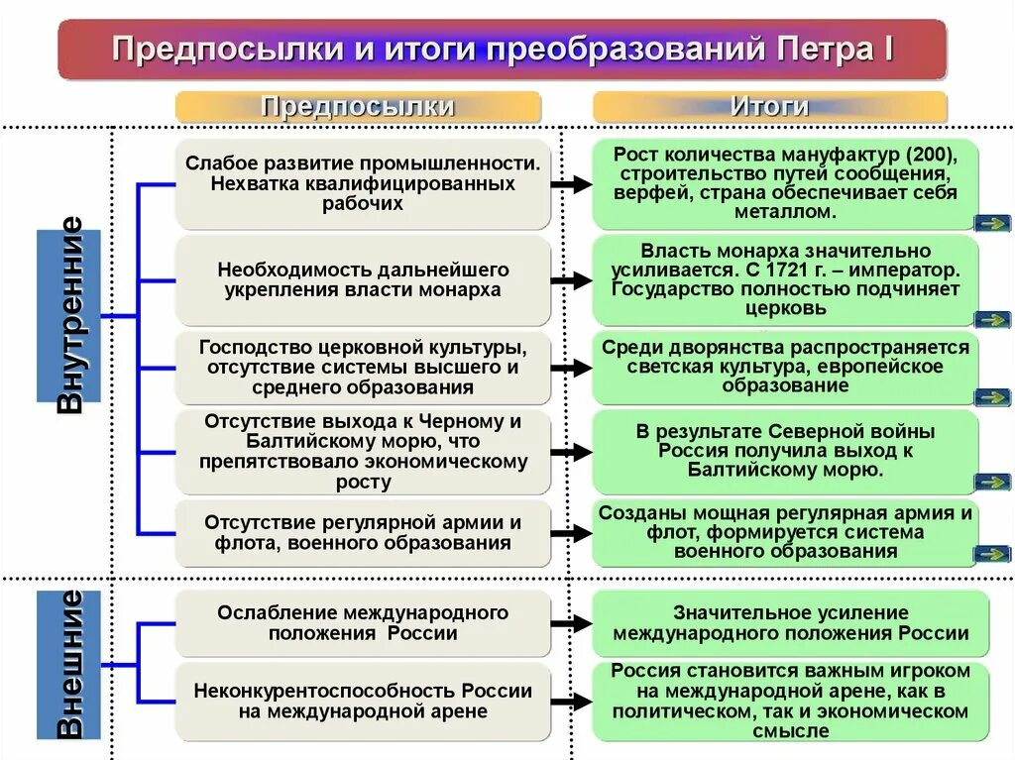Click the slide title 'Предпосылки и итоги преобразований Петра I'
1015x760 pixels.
[502, 49]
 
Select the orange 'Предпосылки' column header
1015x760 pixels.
[358, 107]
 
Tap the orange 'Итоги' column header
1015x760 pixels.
[769, 107]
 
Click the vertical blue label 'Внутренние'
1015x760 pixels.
[69, 315]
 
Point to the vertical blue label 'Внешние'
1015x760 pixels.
[69, 664]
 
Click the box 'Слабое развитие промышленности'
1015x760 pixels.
[363, 183]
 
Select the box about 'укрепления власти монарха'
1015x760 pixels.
[363, 279]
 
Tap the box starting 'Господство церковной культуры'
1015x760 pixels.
[363, 368]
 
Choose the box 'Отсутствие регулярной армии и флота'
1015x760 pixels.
[363, 532]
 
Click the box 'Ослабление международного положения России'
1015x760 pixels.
[363, 622]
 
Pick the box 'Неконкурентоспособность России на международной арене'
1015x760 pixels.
[363, 701]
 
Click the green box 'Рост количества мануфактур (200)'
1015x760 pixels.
[784, 183]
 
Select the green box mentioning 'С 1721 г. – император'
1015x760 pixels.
[784, 279]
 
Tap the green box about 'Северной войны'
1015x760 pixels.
[784, 451]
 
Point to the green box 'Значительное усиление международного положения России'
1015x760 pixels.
[790, 622]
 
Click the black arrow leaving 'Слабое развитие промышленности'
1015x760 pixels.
[571, 184]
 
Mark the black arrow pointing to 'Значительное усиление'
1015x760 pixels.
[571, 623]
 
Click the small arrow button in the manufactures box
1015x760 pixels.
[991, 223]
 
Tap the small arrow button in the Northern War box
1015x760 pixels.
[991, 482]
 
